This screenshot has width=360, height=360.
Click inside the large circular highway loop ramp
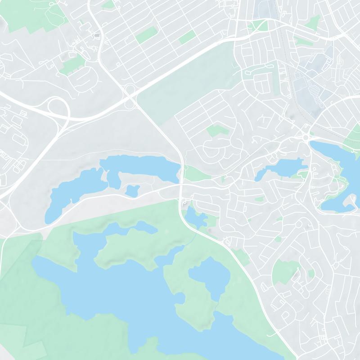[58, 108]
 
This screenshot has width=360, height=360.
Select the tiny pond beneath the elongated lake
[132, 190]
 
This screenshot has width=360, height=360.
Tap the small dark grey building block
[97, 35]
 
